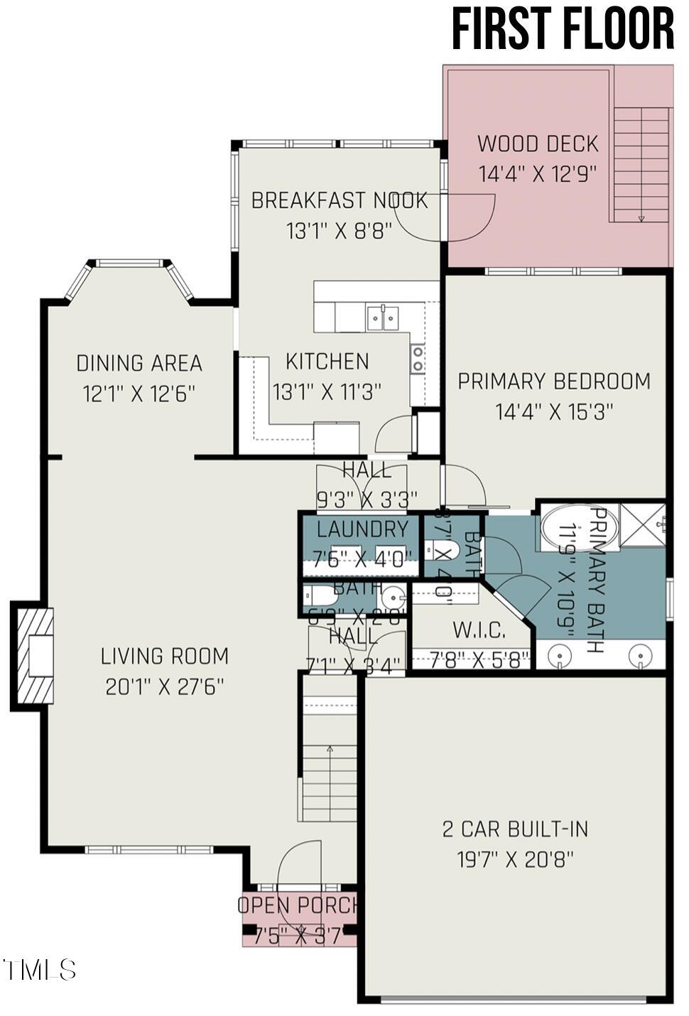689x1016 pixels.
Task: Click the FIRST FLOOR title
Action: point(563,30)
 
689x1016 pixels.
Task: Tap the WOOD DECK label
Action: point(538,144)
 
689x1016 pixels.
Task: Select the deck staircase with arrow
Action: point(642,165)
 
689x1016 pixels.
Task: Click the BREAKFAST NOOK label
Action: point(340,201)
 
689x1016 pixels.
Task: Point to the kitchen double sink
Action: point(383,318)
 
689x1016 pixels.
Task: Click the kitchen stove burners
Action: point(418,359)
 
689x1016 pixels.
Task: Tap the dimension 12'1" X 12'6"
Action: point(139,394)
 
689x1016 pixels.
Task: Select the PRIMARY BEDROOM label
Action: point(554,382)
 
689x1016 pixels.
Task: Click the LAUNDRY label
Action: point(362,529)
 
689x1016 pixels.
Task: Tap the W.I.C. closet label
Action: point(479,630)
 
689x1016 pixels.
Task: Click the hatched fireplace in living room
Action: point(33,655)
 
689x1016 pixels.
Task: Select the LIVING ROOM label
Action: point(165,656)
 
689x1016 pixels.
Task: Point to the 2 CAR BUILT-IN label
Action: point(515,829)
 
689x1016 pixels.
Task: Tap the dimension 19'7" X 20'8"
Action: point(515,860)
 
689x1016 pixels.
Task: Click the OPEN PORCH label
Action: point(298,906)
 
